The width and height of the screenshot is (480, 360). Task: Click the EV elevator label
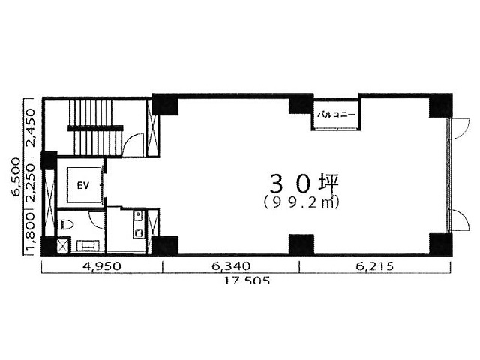[x=83, y=185]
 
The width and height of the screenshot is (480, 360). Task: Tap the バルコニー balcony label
[x=337, y=115]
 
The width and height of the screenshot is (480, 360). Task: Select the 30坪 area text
[x=304, y=184]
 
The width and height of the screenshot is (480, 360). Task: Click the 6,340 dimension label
[x=231, y=265]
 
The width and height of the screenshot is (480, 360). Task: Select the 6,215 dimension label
[x=374, y=265]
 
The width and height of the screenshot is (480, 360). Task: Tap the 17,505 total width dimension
[x=247, y=280]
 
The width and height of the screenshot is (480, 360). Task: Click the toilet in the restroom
[x=65, y=225]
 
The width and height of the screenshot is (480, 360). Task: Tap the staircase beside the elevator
[x=95, y=127]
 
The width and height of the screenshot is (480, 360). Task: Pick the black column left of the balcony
[x=301, y=103]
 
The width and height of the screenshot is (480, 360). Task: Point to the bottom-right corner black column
[x=440, y=244]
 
